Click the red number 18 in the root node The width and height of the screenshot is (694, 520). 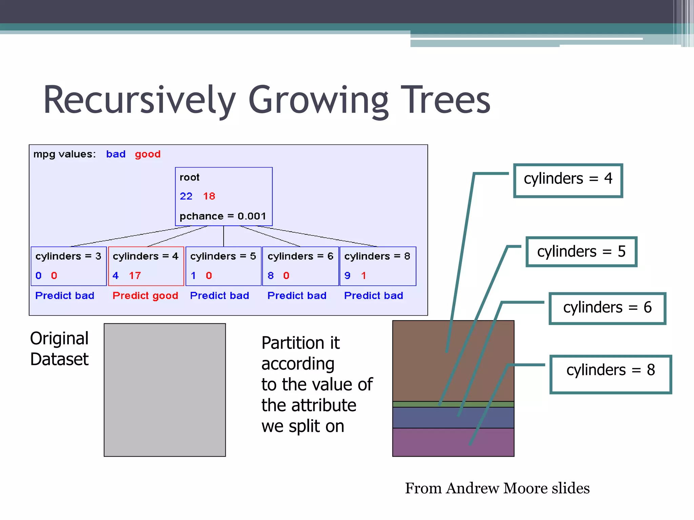pos(209,196)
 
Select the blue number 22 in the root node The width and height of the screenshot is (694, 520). pos(186,196)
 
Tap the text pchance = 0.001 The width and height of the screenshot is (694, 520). pos(223,216)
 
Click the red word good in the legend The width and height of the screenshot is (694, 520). pos(148,154)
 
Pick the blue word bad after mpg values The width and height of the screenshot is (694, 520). pos(116,154)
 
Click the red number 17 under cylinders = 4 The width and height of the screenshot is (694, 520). pos(135,275)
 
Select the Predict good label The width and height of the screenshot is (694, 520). pos(145,296)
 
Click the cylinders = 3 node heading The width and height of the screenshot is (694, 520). pos(68,256)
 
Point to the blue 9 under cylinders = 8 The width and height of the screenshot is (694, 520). pos(347,275)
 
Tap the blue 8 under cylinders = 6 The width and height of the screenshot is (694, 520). pos(270,275)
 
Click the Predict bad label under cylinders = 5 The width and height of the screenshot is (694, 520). pos(220,296)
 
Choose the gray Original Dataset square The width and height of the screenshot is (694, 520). pos(165,390)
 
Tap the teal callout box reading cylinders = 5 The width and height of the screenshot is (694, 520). pos(581,252)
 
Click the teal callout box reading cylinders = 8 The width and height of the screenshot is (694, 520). pos(610,374)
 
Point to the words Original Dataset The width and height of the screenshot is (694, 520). pos(59,349)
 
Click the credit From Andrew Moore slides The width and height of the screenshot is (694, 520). pos(497,488)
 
